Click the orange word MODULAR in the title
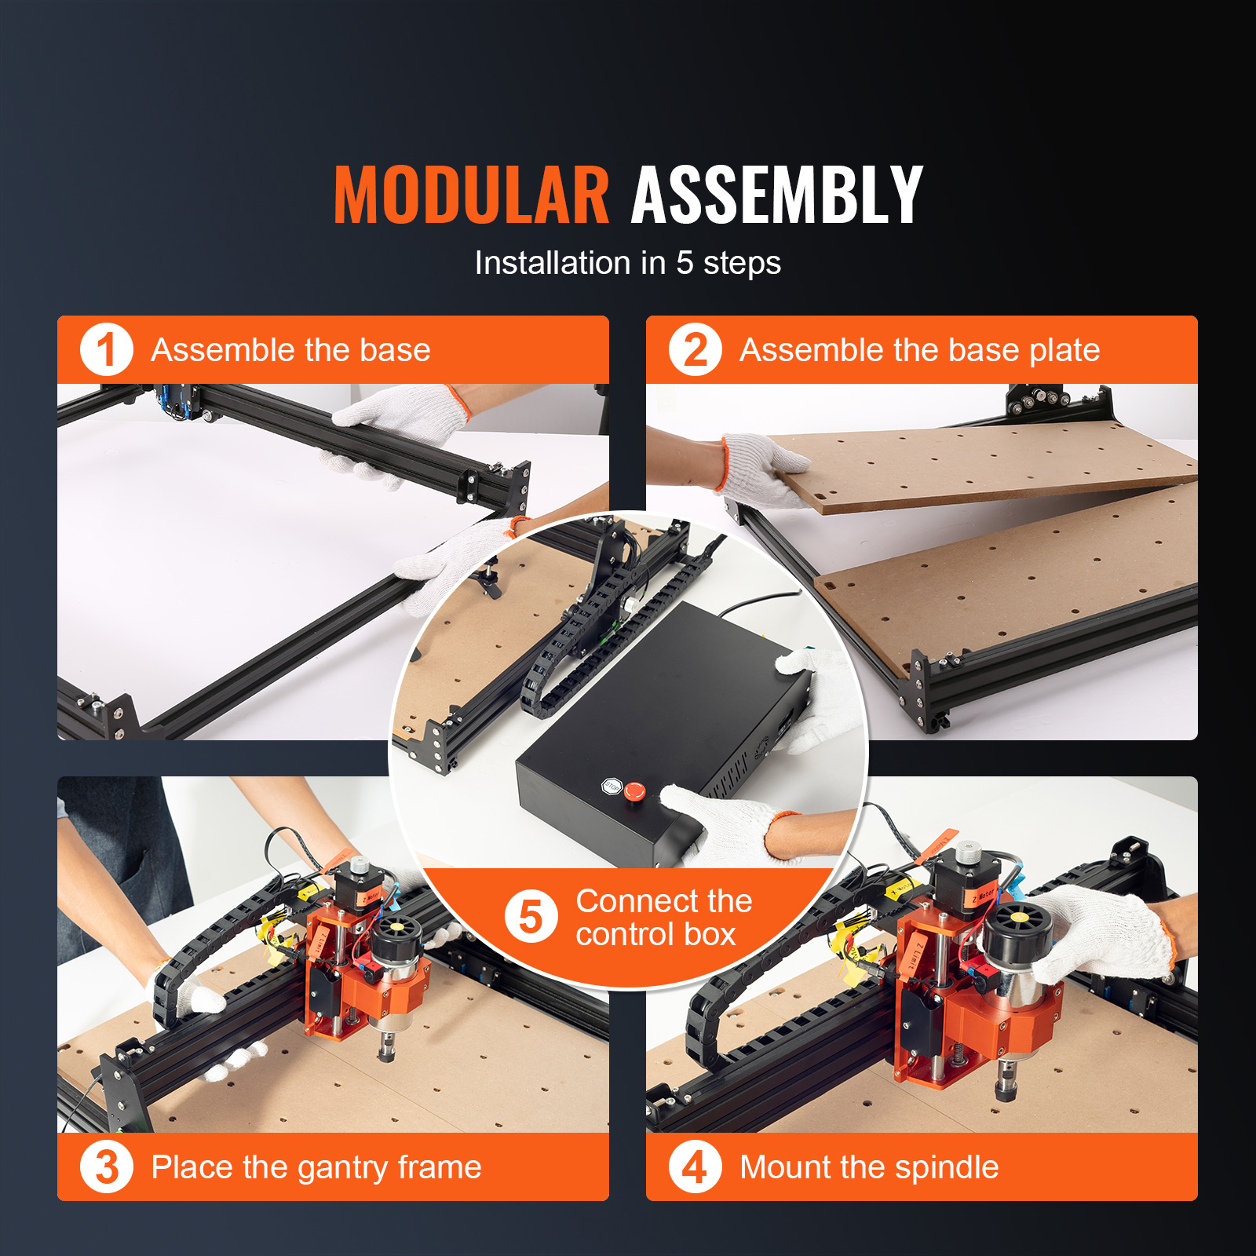point(471,195)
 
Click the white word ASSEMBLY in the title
point(777,195)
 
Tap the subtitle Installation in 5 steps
point(628,264)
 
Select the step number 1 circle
point(107,350)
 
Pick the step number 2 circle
point(696,350)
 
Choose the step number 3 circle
point(107,1167)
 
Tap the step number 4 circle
point(696,1167)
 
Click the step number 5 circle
point(531,917)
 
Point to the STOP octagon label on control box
point(612,786)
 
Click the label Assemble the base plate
point(920,350)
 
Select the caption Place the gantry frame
point(316,1168)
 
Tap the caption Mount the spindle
point(870,1168)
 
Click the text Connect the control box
point(664,918)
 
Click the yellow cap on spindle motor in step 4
point(1018,917)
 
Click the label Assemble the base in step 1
point(291,350)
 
